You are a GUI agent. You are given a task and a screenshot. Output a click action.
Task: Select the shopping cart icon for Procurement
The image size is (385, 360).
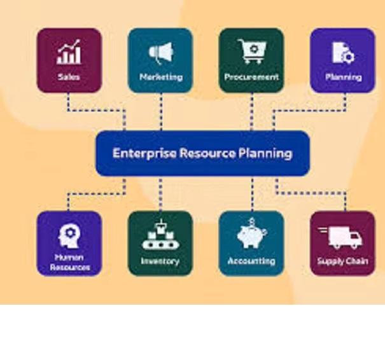pos(251,50)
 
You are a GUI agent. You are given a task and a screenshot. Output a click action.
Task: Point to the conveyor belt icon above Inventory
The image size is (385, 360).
pos(160,235)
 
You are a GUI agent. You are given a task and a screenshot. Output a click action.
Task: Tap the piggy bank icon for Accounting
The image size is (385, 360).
pos(251,235)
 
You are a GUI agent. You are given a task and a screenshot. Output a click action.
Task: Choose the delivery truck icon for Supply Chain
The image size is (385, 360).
pos(342,237)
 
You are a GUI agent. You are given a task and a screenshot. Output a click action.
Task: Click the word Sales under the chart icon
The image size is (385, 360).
pos(69,77)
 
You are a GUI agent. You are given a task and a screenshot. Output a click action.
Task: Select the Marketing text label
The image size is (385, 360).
pos(160,77)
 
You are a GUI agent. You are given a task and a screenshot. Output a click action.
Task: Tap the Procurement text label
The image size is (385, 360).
pos(251,77)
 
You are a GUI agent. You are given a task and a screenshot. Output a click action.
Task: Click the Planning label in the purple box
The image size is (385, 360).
pos(343,77)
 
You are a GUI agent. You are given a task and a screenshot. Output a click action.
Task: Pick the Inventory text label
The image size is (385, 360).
pos(160,261)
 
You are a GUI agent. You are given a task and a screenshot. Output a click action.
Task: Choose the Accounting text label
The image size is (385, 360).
pos(251,261)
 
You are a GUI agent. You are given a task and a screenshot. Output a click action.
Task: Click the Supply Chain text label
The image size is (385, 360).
pos(342,261)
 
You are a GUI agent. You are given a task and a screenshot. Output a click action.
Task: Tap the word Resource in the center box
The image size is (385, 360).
pos(206,153)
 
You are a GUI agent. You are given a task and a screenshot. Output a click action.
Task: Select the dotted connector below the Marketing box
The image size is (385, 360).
pos(160,111)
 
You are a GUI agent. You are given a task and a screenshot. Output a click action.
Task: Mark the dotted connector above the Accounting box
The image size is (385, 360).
pos(251,193)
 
